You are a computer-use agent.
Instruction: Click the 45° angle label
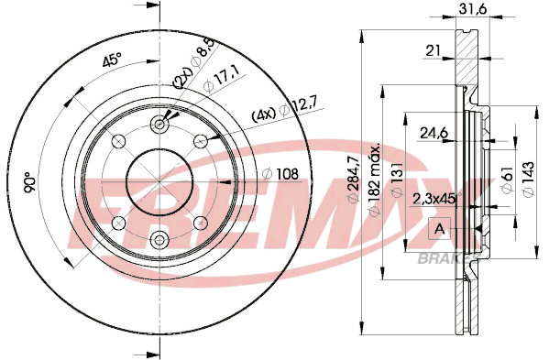(x=112, y=60)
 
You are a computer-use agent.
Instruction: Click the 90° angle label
(x=30, y=182)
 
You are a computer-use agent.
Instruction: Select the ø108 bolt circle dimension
(x=280, y=174)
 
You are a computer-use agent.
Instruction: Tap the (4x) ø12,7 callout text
(x=284, y=109)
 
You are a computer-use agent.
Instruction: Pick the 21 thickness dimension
(x=433, y=51)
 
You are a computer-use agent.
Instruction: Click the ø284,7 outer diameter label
(x=353, y=179)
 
